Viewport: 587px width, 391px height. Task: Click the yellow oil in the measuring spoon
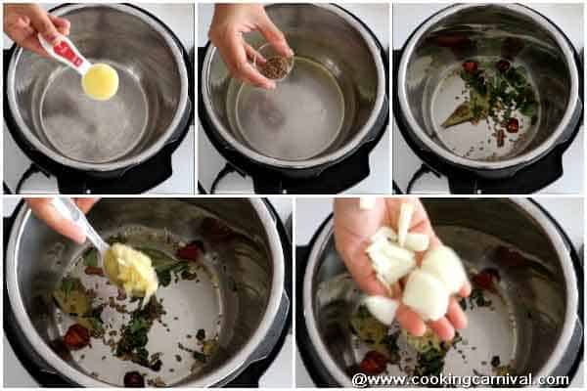(x=100, y=81)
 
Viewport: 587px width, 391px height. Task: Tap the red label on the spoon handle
(x=69, y=54)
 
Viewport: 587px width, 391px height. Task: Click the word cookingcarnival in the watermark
(x=472, y=380)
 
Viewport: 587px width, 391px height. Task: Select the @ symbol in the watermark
(x=359, y=380)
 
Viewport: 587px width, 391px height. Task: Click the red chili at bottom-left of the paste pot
(x=76, y=335)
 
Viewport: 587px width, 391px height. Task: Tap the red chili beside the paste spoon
(x=189, y=251)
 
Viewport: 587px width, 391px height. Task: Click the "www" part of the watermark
(x=386, y=381)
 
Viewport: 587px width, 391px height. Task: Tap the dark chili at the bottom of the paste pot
(x=134, y=378)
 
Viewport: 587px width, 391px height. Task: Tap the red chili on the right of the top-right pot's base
(x=512, y=125)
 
